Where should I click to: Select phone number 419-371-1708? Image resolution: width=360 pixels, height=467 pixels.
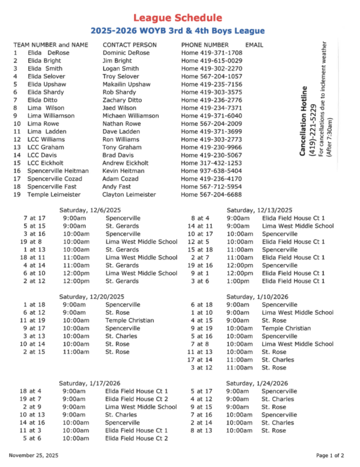pyautogui.click(x=220, y=52)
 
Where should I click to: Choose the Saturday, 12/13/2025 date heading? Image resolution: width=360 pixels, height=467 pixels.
pyautogui.click(x=259, y=210)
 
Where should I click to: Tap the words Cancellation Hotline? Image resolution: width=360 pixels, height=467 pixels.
pyautogui.click(x=304, y=121)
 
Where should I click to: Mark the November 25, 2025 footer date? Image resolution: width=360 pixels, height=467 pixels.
pyautogui.click(x=34, y=455)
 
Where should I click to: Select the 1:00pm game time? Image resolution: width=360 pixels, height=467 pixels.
pyautogui.click(x=238, y=281)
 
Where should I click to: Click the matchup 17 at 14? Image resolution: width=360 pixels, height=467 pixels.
pyautogui.click(x=199, y=359)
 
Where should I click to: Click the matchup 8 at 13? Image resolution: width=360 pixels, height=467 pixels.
pyautogui.click(x=201, y=431)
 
